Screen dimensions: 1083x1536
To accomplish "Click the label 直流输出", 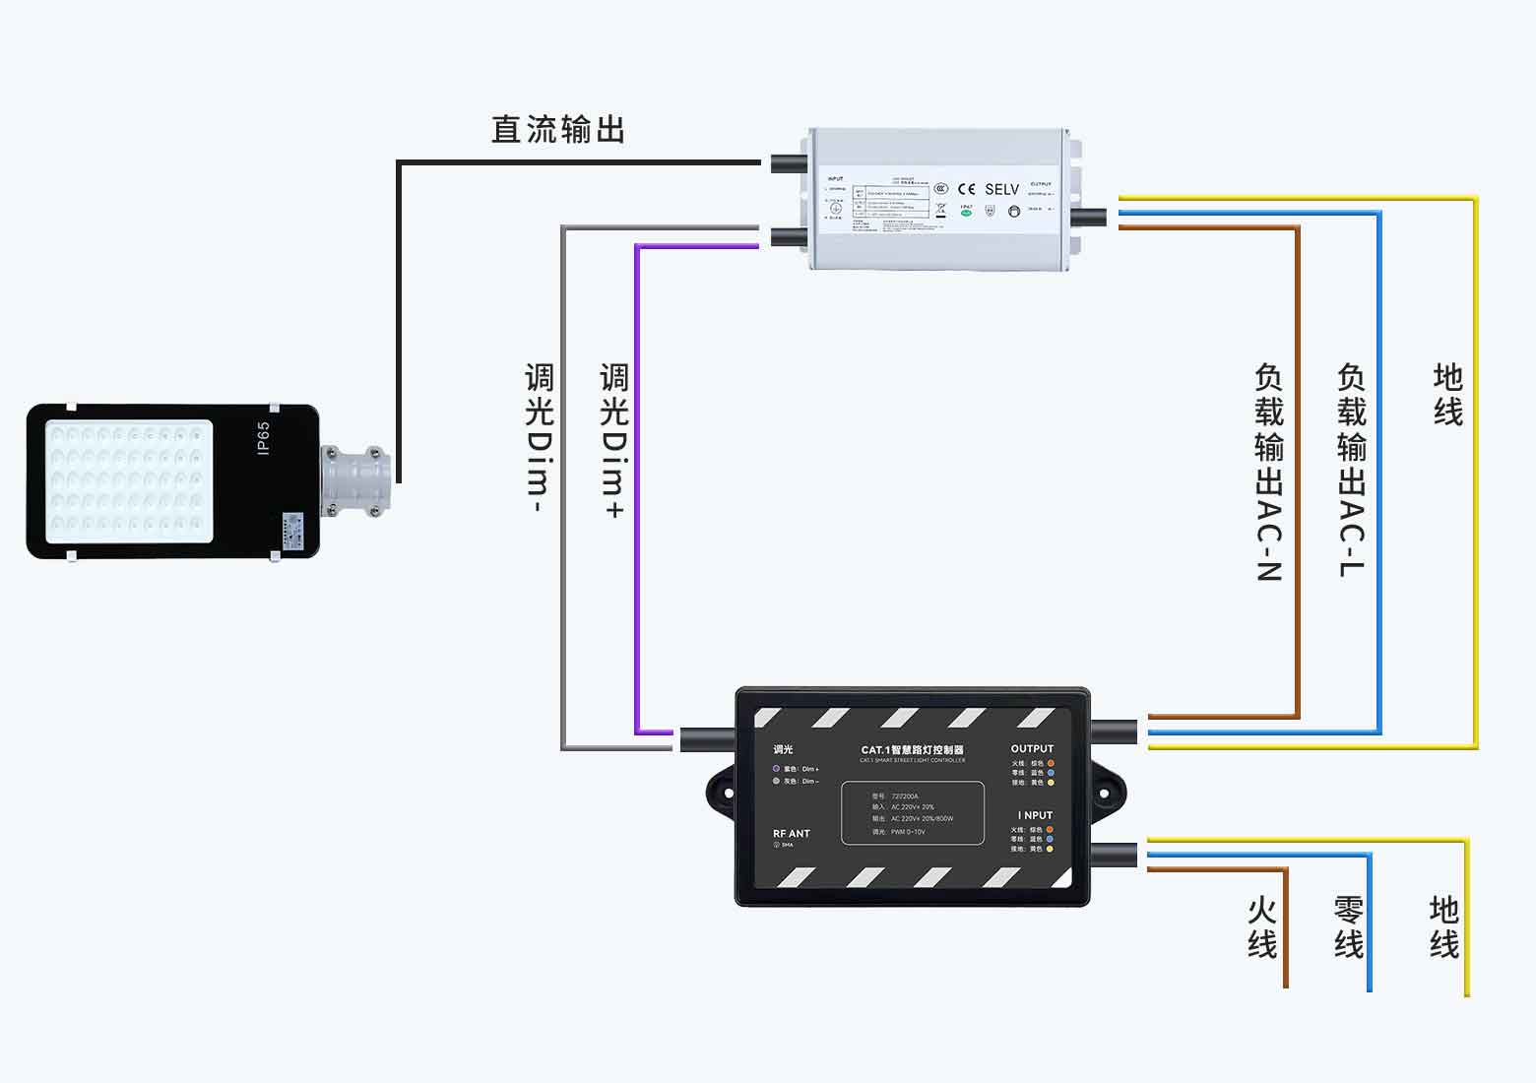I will tap(558, 130).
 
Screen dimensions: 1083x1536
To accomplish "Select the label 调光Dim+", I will tap(613, 440).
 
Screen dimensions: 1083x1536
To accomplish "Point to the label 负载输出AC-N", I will tap(1269, 473).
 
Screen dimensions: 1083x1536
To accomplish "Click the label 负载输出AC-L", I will tap(1352, 470).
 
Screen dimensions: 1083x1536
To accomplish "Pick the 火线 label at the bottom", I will tap(1262, 927).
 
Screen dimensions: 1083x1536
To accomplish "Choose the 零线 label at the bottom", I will tap(1349, 927).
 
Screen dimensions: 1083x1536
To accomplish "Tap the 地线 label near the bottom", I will tap(1444, 927).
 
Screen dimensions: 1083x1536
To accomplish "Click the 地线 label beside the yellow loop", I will tap(1447, 395).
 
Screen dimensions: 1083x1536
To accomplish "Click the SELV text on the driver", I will tap(1001, 189).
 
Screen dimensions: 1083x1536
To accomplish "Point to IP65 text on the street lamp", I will tap(263, 439).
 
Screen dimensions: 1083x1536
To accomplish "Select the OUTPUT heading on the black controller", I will tap(1032, 749).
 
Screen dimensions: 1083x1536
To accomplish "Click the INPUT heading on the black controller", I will tap(1035, 815).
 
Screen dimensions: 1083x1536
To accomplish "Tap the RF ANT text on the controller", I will tap(791, 834).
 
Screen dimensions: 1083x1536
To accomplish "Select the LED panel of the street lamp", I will tap(128, 481).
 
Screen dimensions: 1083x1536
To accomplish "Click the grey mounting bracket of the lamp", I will tap(354, 479).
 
